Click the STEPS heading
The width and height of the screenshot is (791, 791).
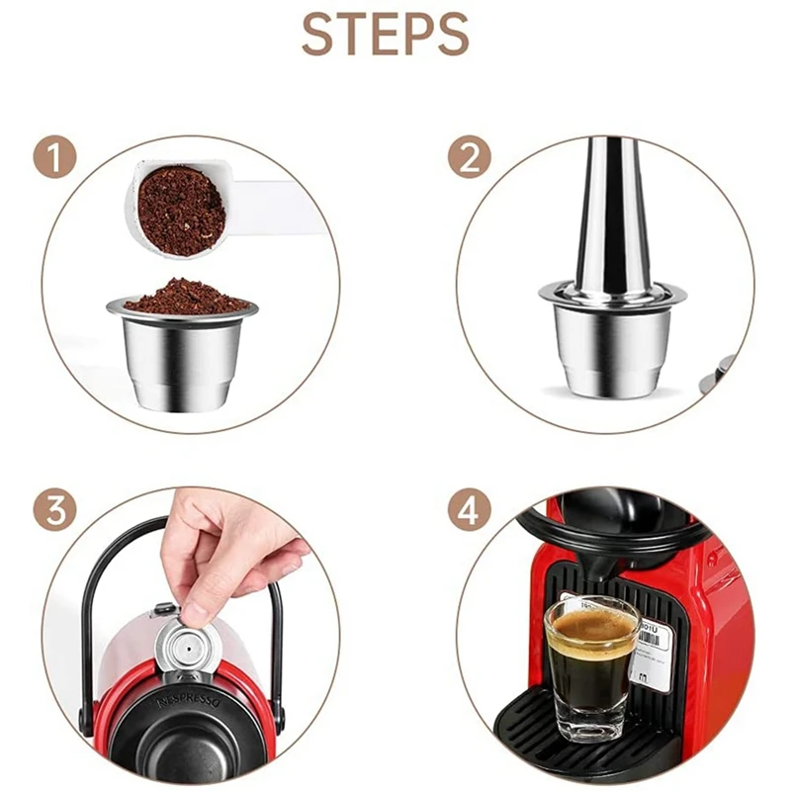(x=386, y=34)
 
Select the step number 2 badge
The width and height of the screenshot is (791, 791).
(x=470, y=158)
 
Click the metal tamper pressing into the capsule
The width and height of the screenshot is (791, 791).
(x=611, y=218)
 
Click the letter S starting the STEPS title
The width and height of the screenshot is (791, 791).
(x=318, y=34)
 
